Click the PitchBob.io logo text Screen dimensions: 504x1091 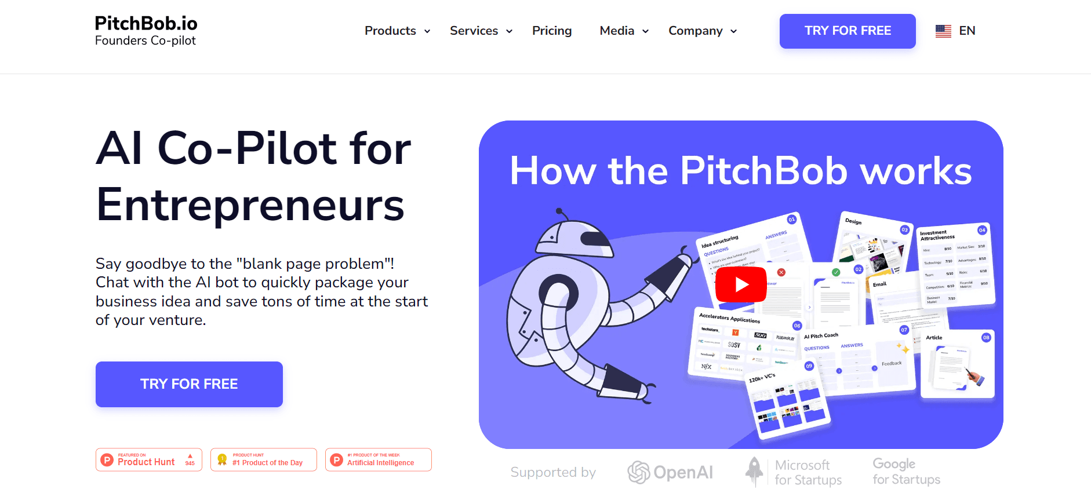coord(146,24)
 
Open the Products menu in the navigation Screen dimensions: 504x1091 coord(397,31)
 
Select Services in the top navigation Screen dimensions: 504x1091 coord(481,31)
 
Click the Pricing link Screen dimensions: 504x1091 coord(551,31)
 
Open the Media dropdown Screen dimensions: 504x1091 coord(624,31)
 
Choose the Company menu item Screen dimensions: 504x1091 coord(702,31)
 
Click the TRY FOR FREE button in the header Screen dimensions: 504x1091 coord(847,31)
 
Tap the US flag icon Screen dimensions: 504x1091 coord(943,31)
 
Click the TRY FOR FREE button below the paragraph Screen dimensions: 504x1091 coord(189,384)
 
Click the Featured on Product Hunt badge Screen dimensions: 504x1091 coord(149,460)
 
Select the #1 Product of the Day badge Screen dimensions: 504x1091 coord(264,460)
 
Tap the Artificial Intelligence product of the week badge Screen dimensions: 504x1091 coord(378,460)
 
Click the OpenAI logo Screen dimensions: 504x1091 coord(670,473)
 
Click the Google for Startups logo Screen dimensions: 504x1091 coord(906,472)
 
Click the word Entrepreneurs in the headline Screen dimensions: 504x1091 coord(250,205)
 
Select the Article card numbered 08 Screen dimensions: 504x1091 coord(957,364)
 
